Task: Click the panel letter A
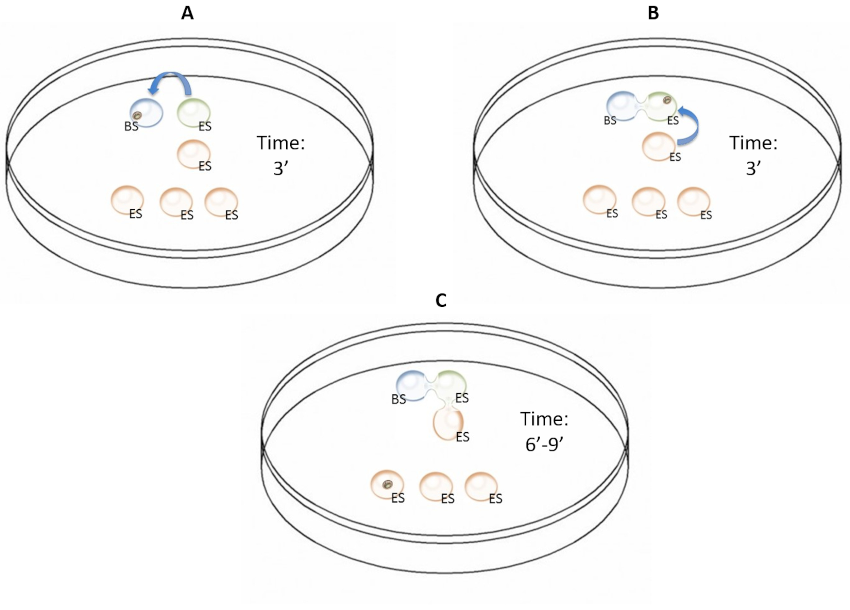click(x=187, y=14)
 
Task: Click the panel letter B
click(x=653, y=14)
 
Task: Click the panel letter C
click(x=441, y=301)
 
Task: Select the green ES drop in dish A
click(x=193, y=112)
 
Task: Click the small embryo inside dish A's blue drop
click(x=138, y=115)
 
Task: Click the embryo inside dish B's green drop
click(x=667, y=100)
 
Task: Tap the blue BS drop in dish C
click(x=411, y=386)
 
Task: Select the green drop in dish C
click(x=452, y=383)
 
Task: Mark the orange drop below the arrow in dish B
click(x=659, y=146)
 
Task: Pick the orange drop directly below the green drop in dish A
click(x=193, y=154)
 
